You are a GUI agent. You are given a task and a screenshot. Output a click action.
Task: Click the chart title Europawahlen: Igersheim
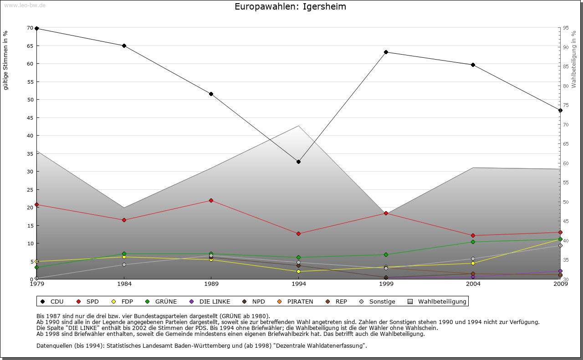290,6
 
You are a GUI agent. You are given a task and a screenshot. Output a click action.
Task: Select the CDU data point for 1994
298,162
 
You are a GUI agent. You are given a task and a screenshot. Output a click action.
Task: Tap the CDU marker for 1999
386,52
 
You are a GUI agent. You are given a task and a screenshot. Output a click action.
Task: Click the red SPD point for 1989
211,200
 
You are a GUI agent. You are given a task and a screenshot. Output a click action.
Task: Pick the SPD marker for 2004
473,235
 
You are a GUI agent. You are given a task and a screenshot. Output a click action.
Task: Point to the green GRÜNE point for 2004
473,242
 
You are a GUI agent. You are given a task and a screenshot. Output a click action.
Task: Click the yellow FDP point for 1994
298,271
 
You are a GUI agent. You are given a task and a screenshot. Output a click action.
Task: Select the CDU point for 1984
124,46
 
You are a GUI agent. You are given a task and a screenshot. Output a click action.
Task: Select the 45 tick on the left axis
30,117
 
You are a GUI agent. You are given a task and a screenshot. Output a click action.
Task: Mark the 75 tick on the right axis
565,105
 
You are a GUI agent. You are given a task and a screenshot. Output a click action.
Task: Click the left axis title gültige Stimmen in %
6,61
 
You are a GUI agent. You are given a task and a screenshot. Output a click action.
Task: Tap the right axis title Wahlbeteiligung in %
574,59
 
